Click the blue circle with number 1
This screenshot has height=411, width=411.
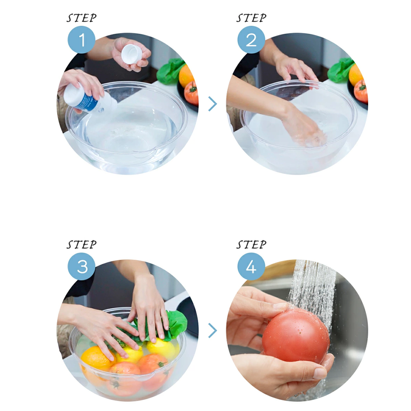click(x=82, y=40)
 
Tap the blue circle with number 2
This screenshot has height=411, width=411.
click(x=251, y=40)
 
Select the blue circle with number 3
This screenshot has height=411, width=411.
click(x=82, y=266)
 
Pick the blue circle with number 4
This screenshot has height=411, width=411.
click(x=251, y=266)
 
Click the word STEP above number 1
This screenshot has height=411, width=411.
click(x=82, y=18)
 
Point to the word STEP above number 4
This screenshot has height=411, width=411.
click(x=251, y=245)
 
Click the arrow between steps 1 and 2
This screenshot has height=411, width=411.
click(x=212, y=104)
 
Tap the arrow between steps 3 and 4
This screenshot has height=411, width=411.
click(x=212, y=330)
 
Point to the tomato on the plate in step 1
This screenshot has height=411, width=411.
click(x=191, y=93)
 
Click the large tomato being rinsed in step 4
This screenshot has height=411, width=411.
click(x=296, y=336)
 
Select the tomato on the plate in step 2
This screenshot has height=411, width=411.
click(x=361, y=91)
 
